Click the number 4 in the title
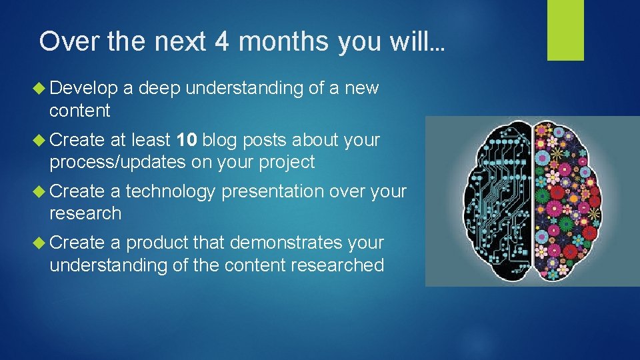tap(223, 41)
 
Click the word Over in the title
tap(63, 41)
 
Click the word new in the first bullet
tap(362, 88)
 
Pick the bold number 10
tap(186, 140)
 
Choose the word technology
tap(171, 191)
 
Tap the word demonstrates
tap(282, 243)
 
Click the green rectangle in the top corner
tap(565, 30)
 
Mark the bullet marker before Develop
tap(43, 88)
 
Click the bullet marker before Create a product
tap(43, 243)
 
